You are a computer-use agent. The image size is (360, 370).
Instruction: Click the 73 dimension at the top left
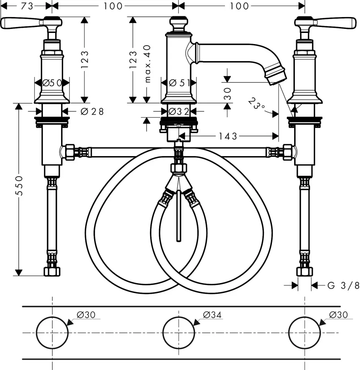click(27, 6)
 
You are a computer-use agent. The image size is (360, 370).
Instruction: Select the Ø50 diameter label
click(52, 83)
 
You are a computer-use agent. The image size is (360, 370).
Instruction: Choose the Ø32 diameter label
click(179, 111)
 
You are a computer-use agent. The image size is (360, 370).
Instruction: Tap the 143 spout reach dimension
click(228, 137)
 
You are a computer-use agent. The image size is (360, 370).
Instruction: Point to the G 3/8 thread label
click(343, 285)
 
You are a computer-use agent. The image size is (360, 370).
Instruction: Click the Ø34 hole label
click(212, 315)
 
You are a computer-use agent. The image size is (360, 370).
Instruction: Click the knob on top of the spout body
click(179, 24)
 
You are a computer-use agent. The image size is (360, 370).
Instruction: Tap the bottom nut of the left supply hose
click(52, 272)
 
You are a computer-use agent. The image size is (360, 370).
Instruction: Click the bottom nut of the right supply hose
click(305, 272)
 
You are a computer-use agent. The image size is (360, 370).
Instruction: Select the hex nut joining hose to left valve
click(70, 152)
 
